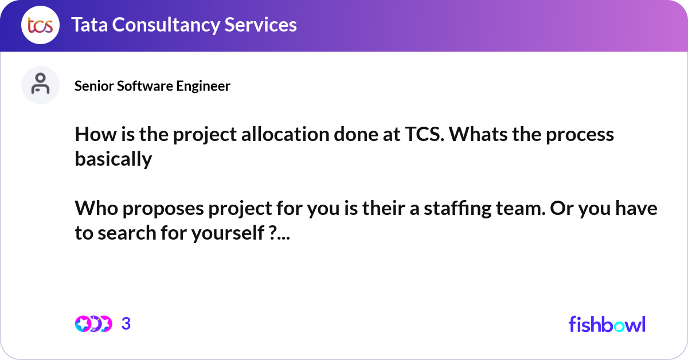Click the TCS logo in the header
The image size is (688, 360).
[x=40, y=25]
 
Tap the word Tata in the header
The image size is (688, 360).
[x=91, y=25]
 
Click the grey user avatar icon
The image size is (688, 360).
[x=40, y=85]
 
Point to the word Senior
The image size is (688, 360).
[x=89, y=86]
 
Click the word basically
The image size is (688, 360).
[x=113, y=159]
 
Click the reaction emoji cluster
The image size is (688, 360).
[x=93, y=324]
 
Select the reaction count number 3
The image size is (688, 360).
[x=126, y=324]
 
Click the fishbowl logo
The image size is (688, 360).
[x=607, y=324]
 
